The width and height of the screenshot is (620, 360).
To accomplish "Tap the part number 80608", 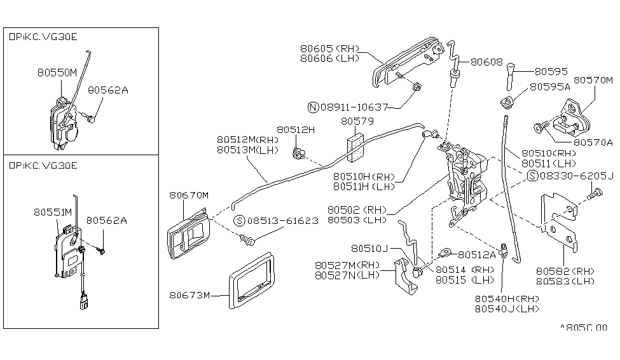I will tap(487, 63).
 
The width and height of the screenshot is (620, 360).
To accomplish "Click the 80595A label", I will tap(551, 86).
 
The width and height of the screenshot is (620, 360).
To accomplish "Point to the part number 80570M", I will tap(593, 81).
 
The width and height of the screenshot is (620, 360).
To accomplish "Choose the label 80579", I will tap(357, 120).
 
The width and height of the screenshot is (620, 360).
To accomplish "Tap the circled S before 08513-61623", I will tap(239, 221).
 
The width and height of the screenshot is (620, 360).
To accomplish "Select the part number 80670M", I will tap(189, 195).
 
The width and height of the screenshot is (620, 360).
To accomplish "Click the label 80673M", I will tap(189, 294).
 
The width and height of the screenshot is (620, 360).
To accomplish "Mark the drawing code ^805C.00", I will tap(583, 328).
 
